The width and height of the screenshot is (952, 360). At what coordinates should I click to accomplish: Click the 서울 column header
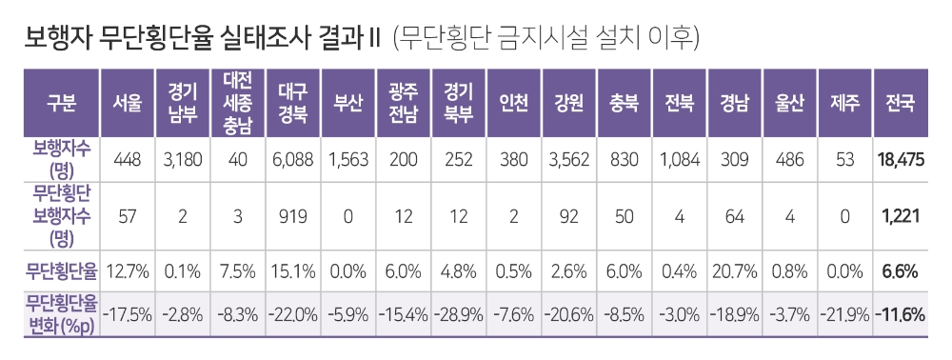tap(128, 103)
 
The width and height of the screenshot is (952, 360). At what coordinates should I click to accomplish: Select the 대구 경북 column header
tap(291, 103)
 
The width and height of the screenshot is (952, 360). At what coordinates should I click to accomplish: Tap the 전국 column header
tap(900, 103)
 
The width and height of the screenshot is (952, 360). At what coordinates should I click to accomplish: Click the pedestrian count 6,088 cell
tap(291, 159)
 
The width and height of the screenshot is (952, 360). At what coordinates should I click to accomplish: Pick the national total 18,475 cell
tap(900, 159)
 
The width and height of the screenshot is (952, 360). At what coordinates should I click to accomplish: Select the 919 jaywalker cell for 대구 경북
tap(291, 216)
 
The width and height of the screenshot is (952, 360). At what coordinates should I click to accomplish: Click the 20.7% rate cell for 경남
tap(733, 270)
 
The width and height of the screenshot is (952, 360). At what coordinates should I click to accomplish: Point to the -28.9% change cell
tap(459, 315)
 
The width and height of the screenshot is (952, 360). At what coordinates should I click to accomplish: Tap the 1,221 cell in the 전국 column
tap(900, 216)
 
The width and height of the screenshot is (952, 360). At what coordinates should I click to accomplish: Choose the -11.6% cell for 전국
tap(900, 315)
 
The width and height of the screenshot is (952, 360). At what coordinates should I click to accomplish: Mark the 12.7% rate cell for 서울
tap(128, 270)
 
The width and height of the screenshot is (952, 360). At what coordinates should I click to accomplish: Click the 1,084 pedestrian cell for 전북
tap(679, 159)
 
